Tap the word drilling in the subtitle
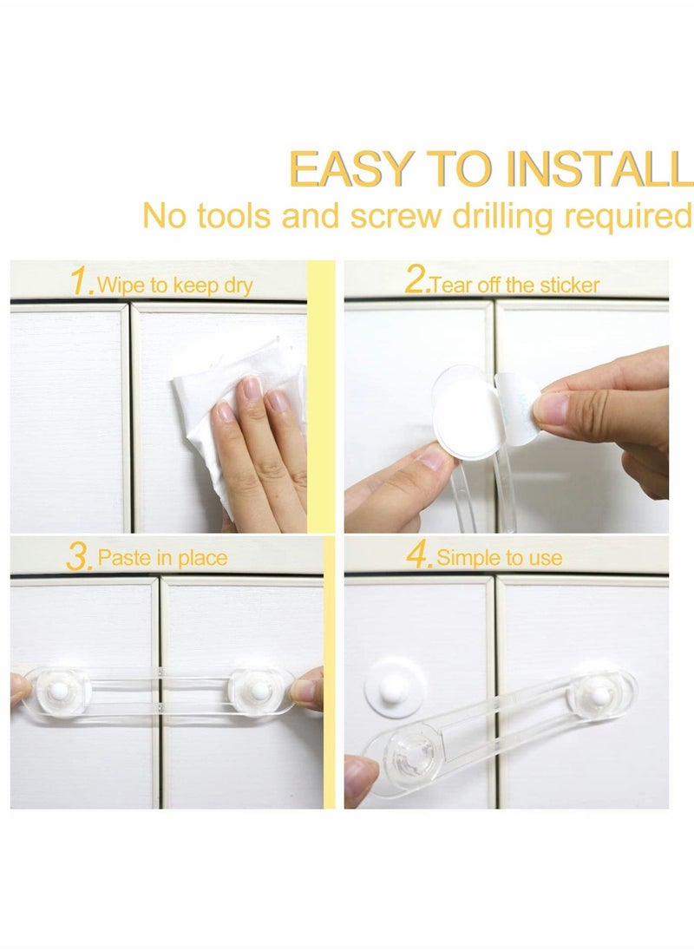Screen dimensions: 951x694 coord(501,215)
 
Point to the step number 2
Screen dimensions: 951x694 coord(416,282)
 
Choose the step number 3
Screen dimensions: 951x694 coord(80,556)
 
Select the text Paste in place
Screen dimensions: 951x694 coord(162,557)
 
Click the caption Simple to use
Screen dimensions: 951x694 coord(499,557)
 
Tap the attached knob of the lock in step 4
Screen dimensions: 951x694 coord(599,693)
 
